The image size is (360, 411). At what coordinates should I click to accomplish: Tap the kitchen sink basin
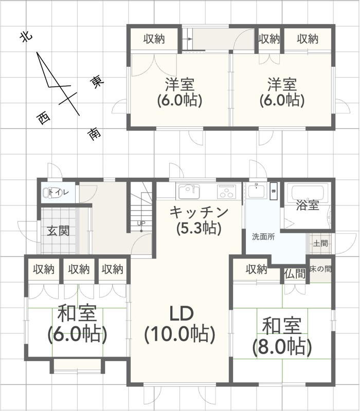point(189,191)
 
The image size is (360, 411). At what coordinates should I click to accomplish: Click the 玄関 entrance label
point(58,231)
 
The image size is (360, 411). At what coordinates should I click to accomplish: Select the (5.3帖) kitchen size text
point(199,228)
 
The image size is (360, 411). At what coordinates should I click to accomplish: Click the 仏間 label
point(295,274)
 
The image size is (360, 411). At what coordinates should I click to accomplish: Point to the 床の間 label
point(320,269)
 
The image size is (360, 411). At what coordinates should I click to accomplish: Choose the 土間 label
point(320,243)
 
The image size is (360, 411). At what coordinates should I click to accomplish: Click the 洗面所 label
point(263,237)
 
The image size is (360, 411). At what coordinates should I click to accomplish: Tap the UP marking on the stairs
point(141,223)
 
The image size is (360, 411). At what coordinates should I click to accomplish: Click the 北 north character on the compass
point(26,36)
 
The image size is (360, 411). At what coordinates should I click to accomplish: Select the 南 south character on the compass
point(94,134)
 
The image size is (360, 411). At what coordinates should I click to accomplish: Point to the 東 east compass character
point(97,82)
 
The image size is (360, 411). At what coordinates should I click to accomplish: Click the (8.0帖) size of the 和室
point(282,346)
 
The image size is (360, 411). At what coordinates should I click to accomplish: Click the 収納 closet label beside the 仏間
point(256,269)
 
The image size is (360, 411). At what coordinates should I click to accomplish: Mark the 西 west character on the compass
point(43,118)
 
